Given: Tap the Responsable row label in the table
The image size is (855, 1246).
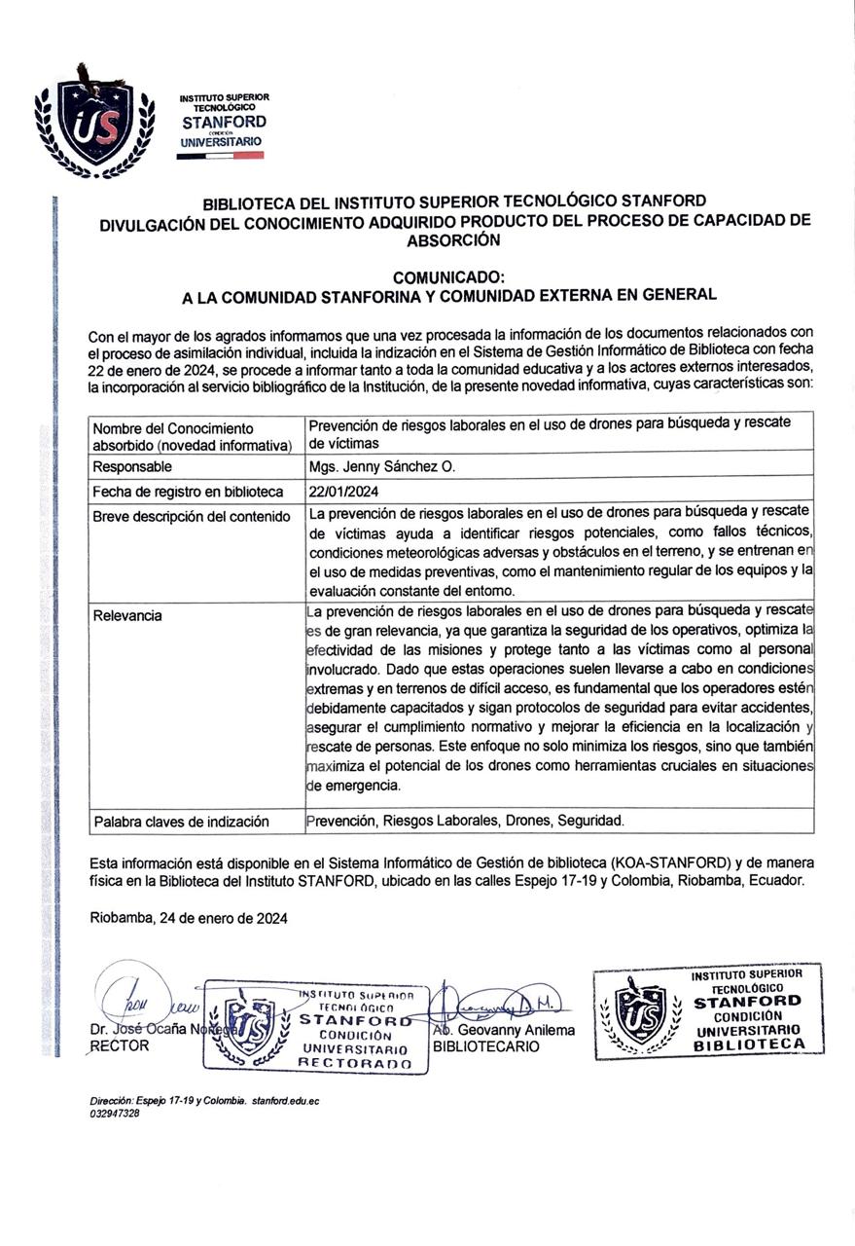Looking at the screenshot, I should click(x=132, y=467).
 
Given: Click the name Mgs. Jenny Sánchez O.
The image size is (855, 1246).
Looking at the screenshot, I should click(x=381, y=467).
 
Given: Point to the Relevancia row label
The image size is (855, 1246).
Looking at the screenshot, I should click(x=127, y=616).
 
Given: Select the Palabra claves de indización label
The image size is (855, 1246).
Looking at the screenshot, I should click(x=181, y=822).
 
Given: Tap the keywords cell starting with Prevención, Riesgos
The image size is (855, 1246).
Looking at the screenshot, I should click(x=465, y=821).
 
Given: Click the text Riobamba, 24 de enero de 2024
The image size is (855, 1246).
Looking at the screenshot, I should click(x=189, y=918).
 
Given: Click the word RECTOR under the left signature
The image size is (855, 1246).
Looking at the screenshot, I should click(x=120, y=1045).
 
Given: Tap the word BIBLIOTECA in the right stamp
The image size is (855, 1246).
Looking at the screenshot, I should click(x=749, y=1044).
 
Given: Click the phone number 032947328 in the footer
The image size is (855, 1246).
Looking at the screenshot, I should click(x=114, y=1114).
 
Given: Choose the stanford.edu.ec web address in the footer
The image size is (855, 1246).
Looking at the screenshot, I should click(x=285, y=1101).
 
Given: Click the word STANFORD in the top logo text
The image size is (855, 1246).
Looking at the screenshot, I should click(x=224, y=123).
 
